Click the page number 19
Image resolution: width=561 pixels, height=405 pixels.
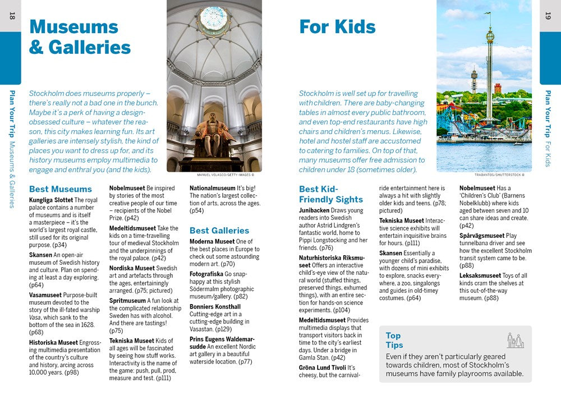click(548, 16)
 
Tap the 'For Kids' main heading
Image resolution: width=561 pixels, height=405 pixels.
click(337, 27)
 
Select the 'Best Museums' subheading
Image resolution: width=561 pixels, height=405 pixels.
click(60, 189)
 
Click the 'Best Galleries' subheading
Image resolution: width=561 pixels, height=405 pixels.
click(219, 231)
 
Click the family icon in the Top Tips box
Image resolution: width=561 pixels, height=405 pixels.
click(515, 340)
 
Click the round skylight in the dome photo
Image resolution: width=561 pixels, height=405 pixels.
click(214, 19)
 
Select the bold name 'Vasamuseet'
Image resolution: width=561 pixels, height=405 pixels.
click(45, 295)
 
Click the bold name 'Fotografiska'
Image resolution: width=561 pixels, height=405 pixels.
click(206, 274)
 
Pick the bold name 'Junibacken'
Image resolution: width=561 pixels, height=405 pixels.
click(314, 210)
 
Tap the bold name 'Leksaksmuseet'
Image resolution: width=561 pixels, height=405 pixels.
click(480, 275)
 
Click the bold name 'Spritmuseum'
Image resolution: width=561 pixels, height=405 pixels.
click(128, 301)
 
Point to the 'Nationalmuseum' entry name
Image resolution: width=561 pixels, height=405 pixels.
click(212, 188)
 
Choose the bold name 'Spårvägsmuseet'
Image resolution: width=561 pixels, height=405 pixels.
click(482, 236)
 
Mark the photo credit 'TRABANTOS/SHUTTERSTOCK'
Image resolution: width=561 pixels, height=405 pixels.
click(499, 175)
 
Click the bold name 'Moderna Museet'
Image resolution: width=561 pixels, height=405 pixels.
click(212, 242)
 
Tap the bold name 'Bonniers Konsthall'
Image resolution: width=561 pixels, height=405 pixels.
click(215, 307)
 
